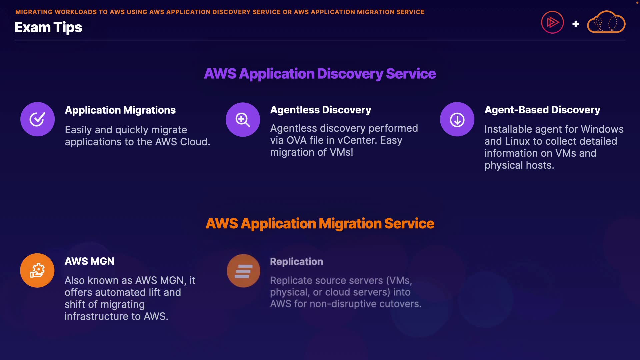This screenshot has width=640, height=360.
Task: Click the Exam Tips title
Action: pos(48,27)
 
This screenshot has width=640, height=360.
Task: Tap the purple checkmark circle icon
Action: pos(37,119)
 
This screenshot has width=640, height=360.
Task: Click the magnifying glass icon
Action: pos(243,119)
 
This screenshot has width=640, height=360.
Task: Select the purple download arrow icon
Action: pos(457,119)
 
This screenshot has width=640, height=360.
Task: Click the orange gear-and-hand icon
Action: pos(37,270)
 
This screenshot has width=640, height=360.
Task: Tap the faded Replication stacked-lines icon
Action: pos(243,271)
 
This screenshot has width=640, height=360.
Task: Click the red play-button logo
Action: pos(552,22)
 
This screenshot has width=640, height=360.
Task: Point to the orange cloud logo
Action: pos(606,22)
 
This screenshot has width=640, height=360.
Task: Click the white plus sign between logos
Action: pos(575,24)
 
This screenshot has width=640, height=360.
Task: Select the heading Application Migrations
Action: pos(120,110)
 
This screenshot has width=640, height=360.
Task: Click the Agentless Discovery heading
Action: pos(320,110)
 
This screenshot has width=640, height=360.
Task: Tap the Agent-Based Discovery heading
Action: pos(542,110)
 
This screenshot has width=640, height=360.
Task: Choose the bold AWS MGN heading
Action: pos(89,261)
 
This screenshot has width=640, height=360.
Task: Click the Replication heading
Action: pos(296,262)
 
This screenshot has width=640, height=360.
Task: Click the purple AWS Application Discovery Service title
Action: pos(320,74)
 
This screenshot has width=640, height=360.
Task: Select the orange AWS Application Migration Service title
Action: pos(320,223)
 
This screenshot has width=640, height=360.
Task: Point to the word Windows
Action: pos(602,129)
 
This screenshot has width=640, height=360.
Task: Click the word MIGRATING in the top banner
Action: pos(34,12)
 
